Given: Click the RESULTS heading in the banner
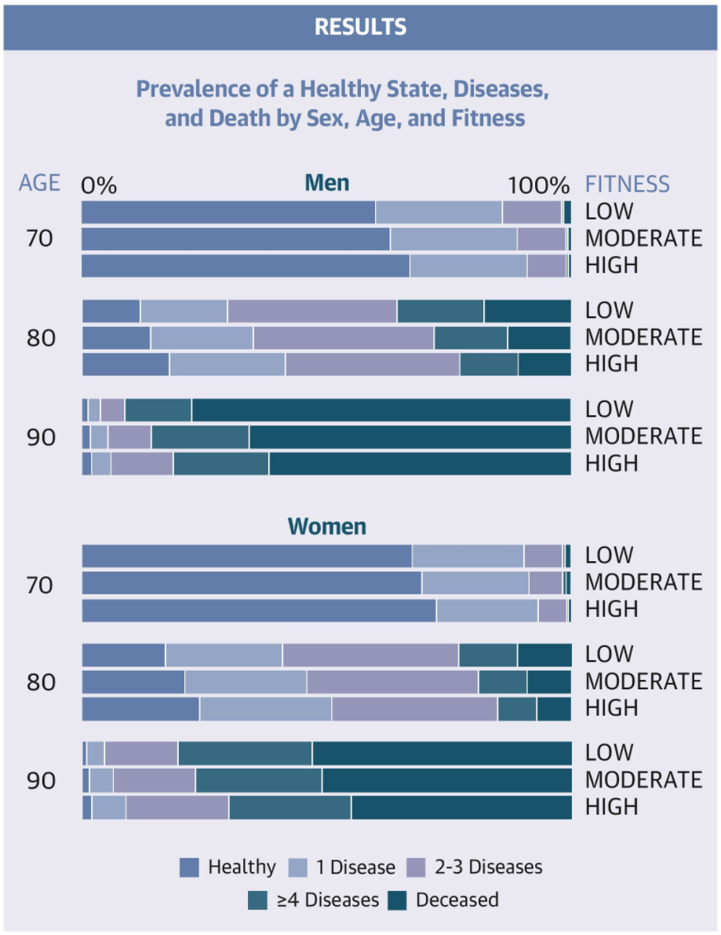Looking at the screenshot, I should point(360,27).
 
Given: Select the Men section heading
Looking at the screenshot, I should point(326,183).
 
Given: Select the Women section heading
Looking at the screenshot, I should point(326,525).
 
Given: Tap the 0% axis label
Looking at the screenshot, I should point(99,186).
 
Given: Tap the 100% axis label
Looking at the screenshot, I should point(538,186).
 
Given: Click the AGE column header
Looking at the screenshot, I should point(39,183).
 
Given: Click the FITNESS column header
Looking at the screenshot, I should point(628,184).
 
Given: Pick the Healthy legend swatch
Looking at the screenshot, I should point(189,867).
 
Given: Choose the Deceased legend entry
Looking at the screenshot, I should point(457,900).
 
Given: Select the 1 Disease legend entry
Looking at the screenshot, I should point(355,867).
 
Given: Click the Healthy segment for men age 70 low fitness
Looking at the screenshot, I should point(228,212).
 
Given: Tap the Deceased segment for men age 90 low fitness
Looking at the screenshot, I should point(381,410).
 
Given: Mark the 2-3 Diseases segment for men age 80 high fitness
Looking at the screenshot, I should point(372,364).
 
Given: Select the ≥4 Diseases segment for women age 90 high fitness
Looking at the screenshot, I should point(289,807).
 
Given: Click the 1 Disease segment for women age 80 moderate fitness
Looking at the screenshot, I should point(246,681).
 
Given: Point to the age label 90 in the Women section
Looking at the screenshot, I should point(42,781).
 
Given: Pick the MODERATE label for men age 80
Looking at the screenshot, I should point(643,338).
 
